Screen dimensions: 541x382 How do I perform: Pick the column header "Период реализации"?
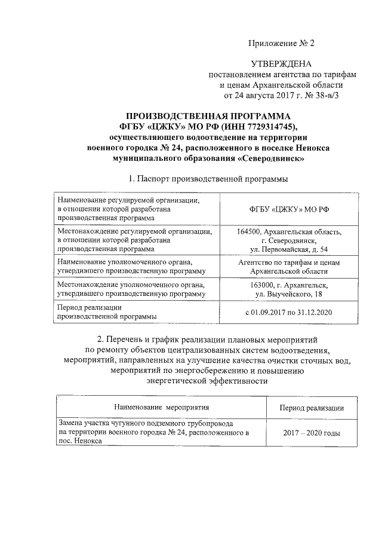(312, 408)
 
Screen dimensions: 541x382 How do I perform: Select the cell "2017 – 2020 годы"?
(312, 432)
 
